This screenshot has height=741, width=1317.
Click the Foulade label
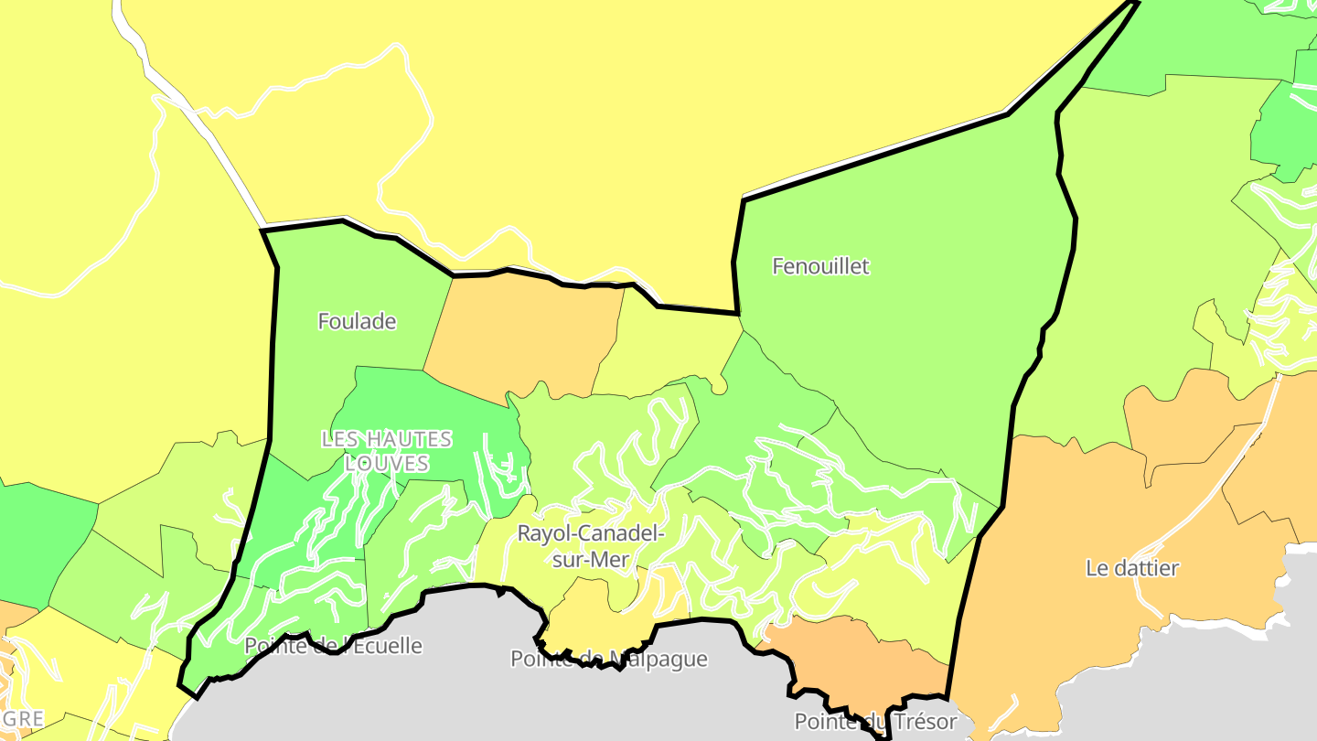(x=357, y=321)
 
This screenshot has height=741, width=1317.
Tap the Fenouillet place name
(x=820, y=266)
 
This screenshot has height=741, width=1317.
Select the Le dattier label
(x=1132, y=568)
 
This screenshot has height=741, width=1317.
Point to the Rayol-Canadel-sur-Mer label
(x=591, y=546)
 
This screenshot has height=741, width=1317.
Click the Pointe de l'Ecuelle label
(x=333, y=646)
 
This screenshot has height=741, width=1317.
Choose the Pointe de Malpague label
(x=608, y=659)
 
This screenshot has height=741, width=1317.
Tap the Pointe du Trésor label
(x=874, y=722)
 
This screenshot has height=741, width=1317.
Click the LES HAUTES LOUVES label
(x=387, y=451)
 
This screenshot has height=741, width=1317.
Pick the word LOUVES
(x=387, y=464)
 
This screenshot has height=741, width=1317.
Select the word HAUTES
(x=407, y=439)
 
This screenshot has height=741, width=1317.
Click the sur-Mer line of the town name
(x=591, y=560)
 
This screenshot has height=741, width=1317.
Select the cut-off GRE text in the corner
(x=22, y=719)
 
